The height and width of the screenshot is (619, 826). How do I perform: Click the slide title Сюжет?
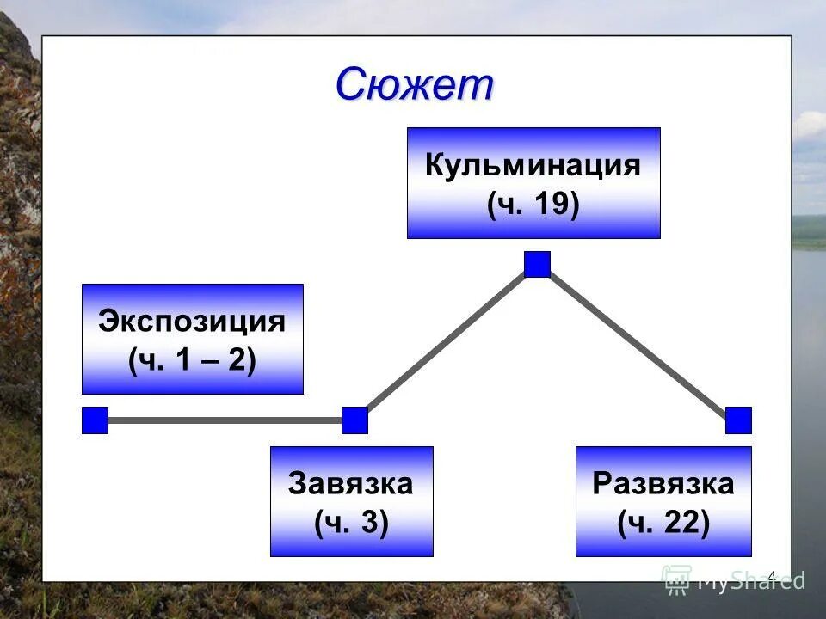(x=415, y=84)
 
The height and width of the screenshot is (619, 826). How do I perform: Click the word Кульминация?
(x=533, y=165)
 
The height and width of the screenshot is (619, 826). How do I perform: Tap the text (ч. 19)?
(x=533, y=205)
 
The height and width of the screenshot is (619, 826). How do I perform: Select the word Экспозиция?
(x=192, y=322)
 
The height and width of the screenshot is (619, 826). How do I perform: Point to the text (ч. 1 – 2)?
(x=192, y=361)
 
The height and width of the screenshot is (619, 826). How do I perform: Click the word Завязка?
(x=351, y=483)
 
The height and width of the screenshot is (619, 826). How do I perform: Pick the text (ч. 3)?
(x=351, y=522)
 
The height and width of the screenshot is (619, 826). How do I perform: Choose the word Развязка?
(x=663, y=483)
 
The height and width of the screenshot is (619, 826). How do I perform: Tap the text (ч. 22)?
(x=663, y=522)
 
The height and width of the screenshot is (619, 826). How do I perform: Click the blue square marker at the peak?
(x=537, y=264)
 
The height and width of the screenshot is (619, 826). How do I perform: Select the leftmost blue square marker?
(x=95, y=420)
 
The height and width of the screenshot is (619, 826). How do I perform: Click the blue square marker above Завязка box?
(x=354, y=420)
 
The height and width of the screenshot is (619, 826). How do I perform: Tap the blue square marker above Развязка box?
(x=738, y=420)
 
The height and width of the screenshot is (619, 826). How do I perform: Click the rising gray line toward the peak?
(x=446, y=342)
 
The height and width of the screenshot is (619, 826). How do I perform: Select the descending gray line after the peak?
(x=638, y=342)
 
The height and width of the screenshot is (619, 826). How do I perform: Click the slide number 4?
(x=772, y=575)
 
